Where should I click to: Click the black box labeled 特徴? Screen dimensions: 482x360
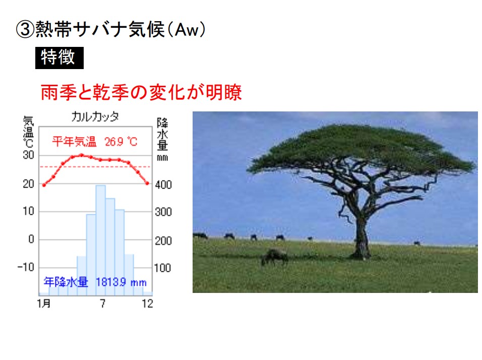click(x=59, y=58)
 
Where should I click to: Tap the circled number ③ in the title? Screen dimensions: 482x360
click(x=25, y=30)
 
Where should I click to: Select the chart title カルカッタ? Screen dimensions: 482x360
click(x=95, y=117)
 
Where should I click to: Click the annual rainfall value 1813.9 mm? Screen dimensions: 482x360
click(x=121, y=282)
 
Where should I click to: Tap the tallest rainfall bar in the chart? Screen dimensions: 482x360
click(x=100, y=240)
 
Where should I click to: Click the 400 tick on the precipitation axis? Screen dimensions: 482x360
click(x=163, y=185)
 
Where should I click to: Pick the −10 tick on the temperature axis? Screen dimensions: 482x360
click(x=26, y=267)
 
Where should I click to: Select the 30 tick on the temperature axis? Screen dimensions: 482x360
click(x=29, y=155)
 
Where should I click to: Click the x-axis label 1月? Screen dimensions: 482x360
click(x=44, y=304)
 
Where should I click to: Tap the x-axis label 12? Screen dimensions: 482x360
click(x=147, y=304)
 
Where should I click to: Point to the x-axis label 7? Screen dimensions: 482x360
click(x=102, y=304)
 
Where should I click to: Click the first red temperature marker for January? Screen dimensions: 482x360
click(x=44, y=185)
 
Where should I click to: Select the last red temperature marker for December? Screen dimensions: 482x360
click(x=147, y=183)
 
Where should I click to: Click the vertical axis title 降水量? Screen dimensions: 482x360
click(x=162, y=134)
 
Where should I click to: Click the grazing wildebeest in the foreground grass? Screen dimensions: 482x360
click(x=274, y=257)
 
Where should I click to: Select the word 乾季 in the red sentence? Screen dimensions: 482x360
click(x=111, y=92)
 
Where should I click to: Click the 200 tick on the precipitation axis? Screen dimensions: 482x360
click(x=163, y=241)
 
